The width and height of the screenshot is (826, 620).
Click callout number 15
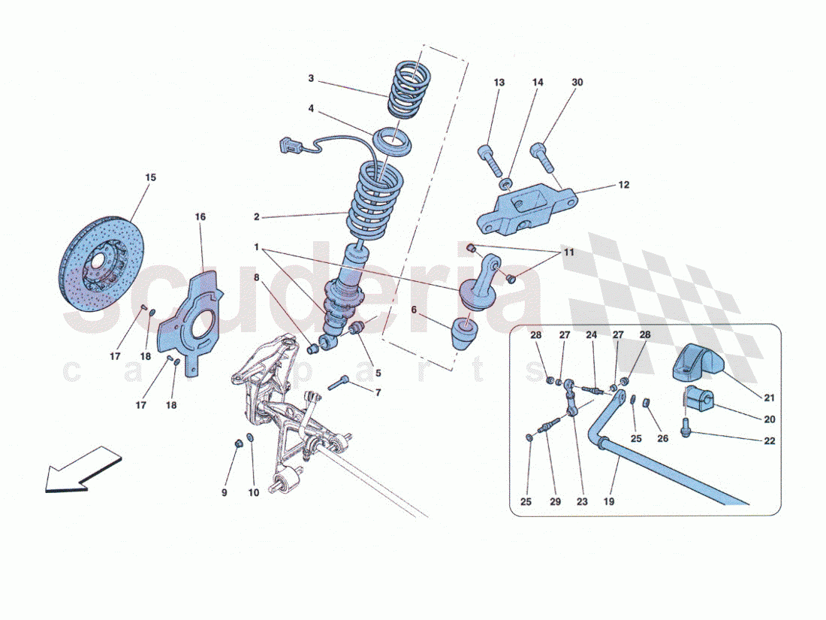coord(151,177)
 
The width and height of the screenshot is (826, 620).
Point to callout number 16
coord(200,216)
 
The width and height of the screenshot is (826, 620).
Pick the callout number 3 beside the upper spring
coord(311,79)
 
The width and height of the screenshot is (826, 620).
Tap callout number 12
coord(624,185)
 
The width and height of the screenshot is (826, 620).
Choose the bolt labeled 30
coord(543,156)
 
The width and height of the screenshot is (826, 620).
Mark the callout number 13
coord(499,82)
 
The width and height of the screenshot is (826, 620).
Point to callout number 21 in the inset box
coord(770,398)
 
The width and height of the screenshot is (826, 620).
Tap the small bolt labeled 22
coord(686,427)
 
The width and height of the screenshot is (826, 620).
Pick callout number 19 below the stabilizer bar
coord(608,501)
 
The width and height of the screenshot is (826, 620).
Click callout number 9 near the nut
coord(225,492)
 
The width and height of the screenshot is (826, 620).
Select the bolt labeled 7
coord(339,383)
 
